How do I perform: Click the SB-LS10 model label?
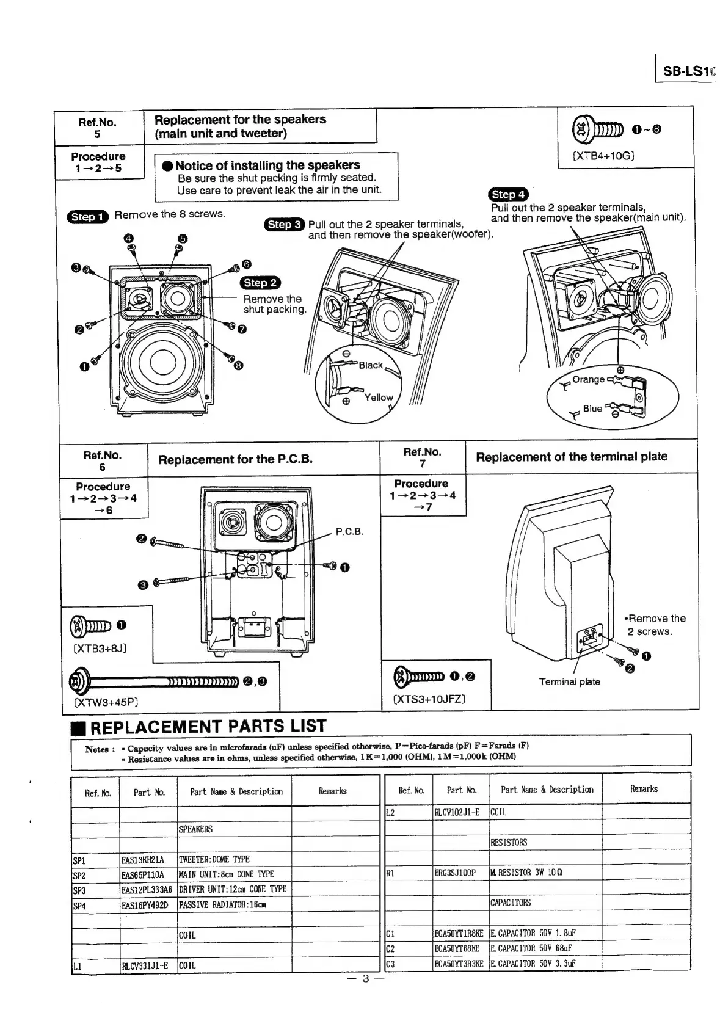click(x=688, y=71)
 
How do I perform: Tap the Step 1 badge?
click(x=87, y=216)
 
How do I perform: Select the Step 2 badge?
click(x=260, y=282)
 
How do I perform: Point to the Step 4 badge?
click(x=508, y=194)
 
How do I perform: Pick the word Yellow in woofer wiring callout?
click(x=379, y=397)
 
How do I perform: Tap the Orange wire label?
click(x=588, y=379)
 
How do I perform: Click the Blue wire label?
click(x=592, y=409)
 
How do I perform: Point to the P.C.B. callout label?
click(x=349, y=531)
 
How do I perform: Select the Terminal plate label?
click(x=569, y=681)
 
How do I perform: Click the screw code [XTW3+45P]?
click(x=106, y=702)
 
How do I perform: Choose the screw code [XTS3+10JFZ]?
click(x=429, y=699)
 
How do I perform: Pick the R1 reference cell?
click(x=391, y=873)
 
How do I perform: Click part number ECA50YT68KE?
click(x=458, y=948)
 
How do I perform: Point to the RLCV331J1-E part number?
click(x=145, y=965)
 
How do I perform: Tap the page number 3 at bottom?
click(x=365, y=978)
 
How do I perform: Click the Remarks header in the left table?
click(x=333, y=791)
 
